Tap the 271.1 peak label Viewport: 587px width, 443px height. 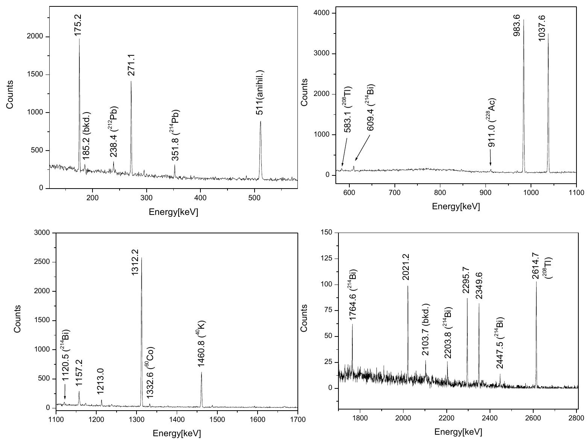click(x=132, y=64)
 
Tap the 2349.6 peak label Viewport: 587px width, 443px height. click(x=479, y=286)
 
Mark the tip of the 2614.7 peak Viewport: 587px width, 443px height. click(x=536, y=282)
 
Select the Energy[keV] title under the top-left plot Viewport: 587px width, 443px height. click(x=173, y=212)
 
